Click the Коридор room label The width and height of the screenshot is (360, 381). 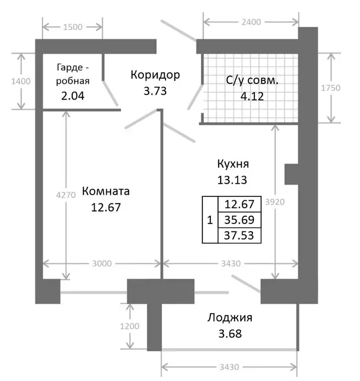tap(155, 75)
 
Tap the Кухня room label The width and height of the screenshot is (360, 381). tap(233, 164)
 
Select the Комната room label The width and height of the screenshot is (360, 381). tap(106, 191)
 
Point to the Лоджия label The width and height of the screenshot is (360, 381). tap(230, 318)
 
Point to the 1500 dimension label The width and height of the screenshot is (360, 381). tap(73, 27)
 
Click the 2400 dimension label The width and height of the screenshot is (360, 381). tap(252, 21)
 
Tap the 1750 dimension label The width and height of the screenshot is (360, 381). tap(330, 88)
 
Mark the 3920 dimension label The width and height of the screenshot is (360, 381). tap(276, 202)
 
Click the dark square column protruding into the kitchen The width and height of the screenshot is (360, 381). tap(291, 175)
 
